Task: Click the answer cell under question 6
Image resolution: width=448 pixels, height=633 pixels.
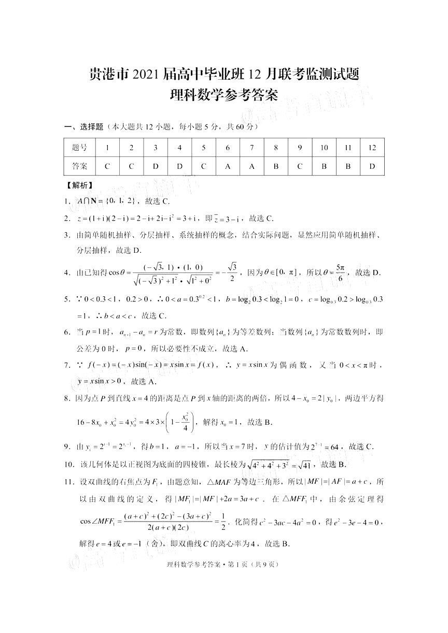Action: click(x=228, y=166)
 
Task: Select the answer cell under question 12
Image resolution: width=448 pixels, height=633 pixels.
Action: click(x=372, y=166)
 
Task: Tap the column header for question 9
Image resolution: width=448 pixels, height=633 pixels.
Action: click(x=300, y=148)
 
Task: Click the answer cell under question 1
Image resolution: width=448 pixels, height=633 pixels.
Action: click(x=107, y=166)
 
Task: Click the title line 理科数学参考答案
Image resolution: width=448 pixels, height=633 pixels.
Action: click(x=224, y=96)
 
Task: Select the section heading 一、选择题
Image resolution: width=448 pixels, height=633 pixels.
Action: click(x=83, y=126)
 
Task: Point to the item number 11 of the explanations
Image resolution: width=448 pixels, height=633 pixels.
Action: click(x=69, y=482)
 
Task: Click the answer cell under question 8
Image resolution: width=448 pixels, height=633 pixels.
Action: click(x=276, y=166)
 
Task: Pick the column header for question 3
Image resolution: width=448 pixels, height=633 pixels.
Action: click(x=156, y=148)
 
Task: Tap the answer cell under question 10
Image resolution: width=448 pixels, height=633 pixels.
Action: click(x=324, y=166)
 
